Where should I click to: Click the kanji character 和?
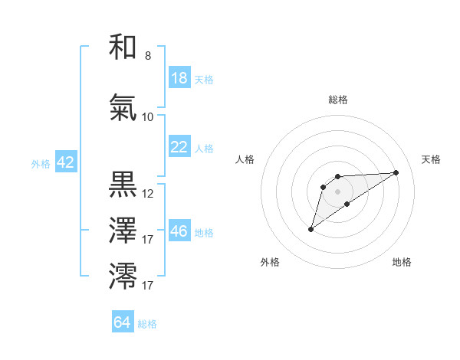click(x=123, y=47)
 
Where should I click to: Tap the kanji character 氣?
click(x=123, y=109)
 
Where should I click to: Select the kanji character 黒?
click(x=123, y=185)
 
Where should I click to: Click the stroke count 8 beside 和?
click(x=147, y=56)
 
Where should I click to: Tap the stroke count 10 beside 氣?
click(x=148, y=117)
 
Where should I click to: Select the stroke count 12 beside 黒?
click(x=148, y=194)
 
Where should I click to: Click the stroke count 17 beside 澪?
click(x=148, y=286)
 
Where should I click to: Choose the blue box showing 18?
click(x=179, y=78)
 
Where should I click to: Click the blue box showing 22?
click(x=179, y=147)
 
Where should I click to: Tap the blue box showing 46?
click(x=179, y=231)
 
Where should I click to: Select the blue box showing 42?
click(x=64, y=162)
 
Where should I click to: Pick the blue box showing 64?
click(x=123, y=322)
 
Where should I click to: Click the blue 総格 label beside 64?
click(x=147, y=324)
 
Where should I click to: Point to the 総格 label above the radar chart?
click(x=337, y=100)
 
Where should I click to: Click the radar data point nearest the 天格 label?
click(x=396, y=171)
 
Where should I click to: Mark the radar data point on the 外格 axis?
click(x=310, y=229)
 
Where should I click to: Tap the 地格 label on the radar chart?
click(x=402, y=262)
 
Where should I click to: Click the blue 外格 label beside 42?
click(x=41, y=163)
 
